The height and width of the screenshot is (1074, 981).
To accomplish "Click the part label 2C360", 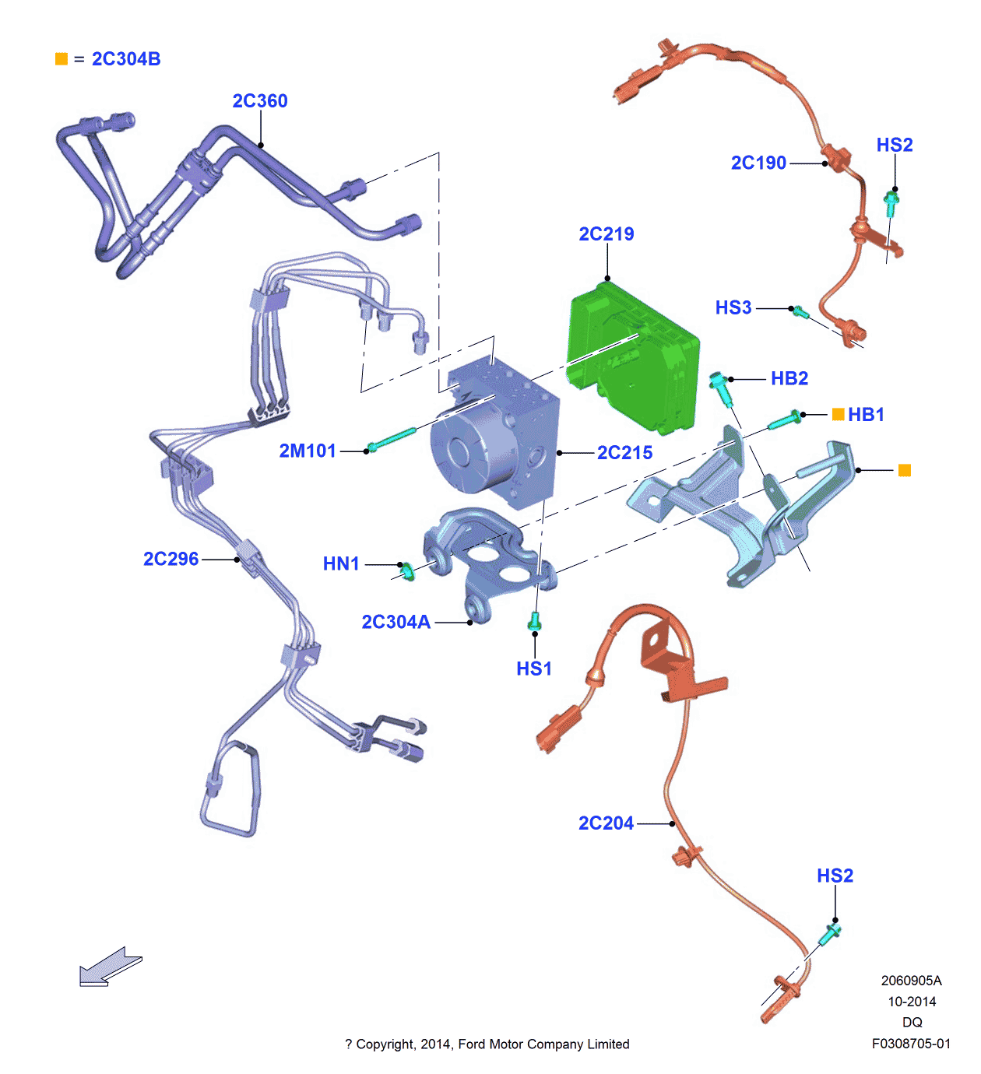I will click(x=260, y=101).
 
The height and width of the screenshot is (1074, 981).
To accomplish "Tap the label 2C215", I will click(x=624, y=453).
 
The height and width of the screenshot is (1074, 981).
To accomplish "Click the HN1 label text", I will click(x=341, y=563).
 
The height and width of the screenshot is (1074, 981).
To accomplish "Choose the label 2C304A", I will click(x=396, y=622).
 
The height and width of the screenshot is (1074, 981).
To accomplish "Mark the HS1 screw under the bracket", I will click(x=534, y=621).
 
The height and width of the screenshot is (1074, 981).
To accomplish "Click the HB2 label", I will click(x=789, y=379).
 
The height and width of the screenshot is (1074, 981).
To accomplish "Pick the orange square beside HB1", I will click(x=838, y=414).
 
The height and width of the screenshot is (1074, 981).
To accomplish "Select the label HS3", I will click(x=733, y=308).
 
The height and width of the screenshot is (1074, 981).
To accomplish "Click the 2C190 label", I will click(x=758, y=163).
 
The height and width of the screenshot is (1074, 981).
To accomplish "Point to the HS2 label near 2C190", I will click(x=895, y=146).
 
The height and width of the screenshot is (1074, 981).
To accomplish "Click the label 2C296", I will click(x=171, y=560).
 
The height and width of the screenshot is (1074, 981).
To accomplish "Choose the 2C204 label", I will click(x=606, y=823).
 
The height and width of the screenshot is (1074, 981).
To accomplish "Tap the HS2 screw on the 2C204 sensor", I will click(x=831, y=932).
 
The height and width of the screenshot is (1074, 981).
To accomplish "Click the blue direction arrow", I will click(x=110, y=967).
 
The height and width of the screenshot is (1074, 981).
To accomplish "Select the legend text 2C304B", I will click(x=126, y=59).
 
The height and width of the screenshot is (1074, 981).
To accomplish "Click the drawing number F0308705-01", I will click(x=911, y=1044).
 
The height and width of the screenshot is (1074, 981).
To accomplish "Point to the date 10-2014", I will click(x=912, y=1002).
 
